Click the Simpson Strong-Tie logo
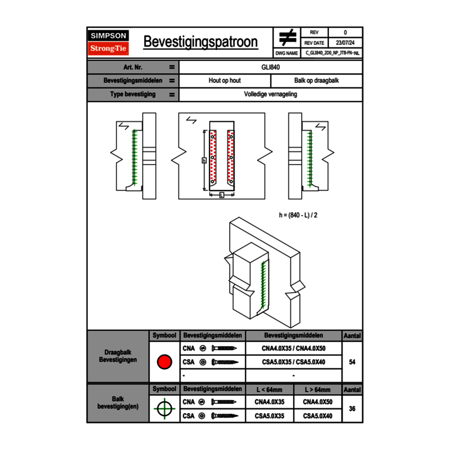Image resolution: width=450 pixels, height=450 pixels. [x=109, y=42]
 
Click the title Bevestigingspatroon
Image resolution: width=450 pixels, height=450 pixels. [x=200, y=42]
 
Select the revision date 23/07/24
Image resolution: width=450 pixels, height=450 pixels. [x=345, y=43]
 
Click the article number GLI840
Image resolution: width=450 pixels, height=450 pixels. [x=271, y=67]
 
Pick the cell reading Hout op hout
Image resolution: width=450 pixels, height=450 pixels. [x=224, y=81]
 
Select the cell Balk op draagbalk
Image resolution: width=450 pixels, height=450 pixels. [x=317, y=81]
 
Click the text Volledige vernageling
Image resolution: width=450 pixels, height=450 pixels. [x=271, y=95]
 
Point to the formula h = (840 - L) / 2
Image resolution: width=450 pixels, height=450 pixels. [x=298, y=215]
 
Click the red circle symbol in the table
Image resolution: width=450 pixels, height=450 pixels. [x=164, y=362]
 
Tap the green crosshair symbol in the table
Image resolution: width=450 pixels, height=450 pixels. [x=164, y=409]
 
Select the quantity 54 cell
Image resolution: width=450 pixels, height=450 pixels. [x=352, y=362]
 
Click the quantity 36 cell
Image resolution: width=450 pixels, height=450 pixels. [x=352, y=409]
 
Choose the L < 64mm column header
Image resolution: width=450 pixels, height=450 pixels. [x=269, y=390]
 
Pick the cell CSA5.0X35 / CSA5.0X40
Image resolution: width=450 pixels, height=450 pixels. [x=294, y=362]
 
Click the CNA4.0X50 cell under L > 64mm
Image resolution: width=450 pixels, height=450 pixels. [x=318, y=402]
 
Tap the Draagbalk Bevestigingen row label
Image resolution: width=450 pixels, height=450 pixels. [x=118, y=356]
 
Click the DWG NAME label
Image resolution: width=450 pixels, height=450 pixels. [x=287, y=53]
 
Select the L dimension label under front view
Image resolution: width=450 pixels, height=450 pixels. [x=221, y=195]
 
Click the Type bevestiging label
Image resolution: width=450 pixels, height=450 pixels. [x=133, y=95]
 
